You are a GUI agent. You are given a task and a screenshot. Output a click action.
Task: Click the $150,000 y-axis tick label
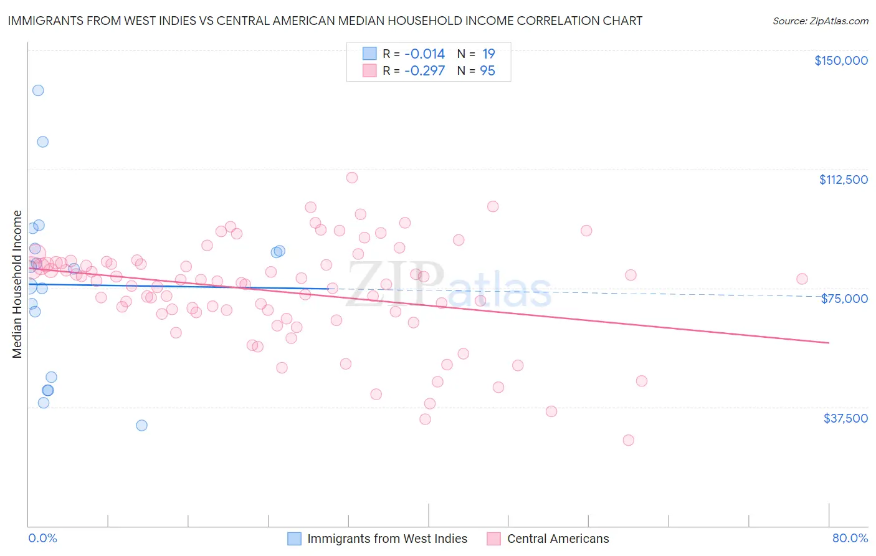point(840,60)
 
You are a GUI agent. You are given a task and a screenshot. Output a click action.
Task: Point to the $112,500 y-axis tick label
point(843,180)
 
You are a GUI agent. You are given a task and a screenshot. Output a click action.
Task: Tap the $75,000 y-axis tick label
point(844,299)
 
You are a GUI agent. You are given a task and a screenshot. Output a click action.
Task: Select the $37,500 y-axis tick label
point(845,418)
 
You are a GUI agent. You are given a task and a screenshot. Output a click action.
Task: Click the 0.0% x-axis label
point(42,539)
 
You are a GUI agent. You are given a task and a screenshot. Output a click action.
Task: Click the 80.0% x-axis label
point(850,539)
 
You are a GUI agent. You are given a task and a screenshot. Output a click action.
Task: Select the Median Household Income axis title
point(17,284)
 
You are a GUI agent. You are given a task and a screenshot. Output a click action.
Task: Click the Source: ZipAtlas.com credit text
point(820,21)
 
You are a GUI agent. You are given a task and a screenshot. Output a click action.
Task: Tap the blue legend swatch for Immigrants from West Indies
point(294,539)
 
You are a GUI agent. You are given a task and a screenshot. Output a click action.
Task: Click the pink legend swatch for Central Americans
point(494,539)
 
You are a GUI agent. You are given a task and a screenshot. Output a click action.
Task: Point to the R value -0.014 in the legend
point(424,54)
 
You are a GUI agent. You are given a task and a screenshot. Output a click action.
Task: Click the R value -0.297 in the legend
point(424,71)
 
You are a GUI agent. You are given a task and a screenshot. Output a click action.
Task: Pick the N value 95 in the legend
point(487,71)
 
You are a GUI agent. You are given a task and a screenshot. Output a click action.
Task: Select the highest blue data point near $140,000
point(38,90)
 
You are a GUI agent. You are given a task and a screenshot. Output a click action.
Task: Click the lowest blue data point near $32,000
point(141,425)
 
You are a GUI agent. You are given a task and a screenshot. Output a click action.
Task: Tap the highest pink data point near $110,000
point(352,178)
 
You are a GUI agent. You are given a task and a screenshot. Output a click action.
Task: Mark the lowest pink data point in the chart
point(628,440)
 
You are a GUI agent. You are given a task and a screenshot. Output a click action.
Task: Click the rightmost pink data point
point(802,279)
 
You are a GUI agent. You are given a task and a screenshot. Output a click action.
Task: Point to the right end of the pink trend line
point(829,343)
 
